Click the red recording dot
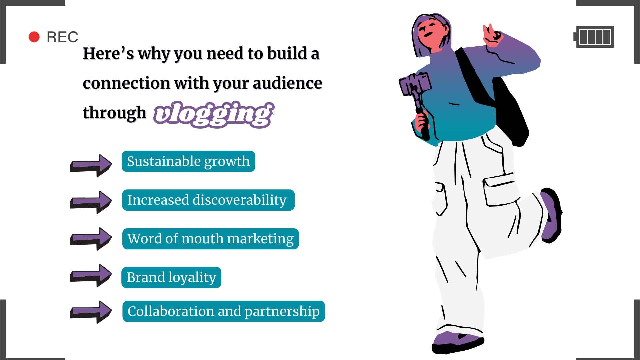34,37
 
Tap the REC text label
62,37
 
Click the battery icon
594,37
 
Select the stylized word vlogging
213,114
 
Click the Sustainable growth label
188,161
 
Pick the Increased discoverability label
208,200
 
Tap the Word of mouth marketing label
210,239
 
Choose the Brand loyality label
171,277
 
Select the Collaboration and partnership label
223,311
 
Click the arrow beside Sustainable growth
91,165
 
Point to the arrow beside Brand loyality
91,275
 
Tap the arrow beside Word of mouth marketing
91,239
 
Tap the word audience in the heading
287,83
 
